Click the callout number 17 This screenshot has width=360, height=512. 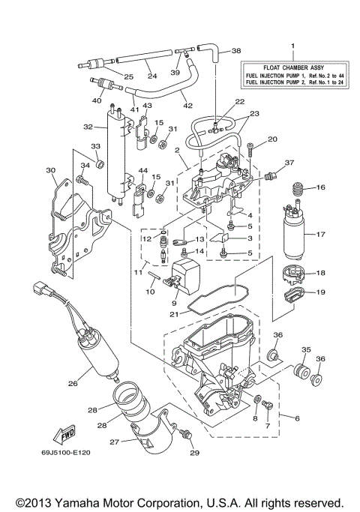point(320,235)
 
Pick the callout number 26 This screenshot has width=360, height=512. point(73,383)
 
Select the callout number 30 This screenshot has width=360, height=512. point(52,170)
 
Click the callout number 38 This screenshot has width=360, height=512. point(237,51)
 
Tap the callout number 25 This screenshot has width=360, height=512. point(128,76)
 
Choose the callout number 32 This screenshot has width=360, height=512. point(88,127)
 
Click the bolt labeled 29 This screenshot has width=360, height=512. point(187,435)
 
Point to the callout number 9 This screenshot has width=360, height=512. point(173,302)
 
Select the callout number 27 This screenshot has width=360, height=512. point(115,442)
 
